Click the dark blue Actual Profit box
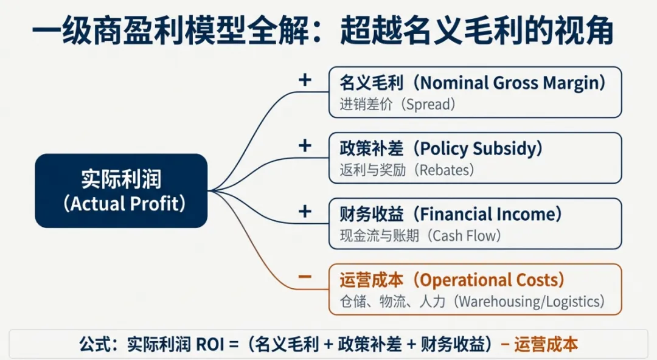click(121, 191)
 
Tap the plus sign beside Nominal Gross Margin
click(305, 80)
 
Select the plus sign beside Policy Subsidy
click(305, 146)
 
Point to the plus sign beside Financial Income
click(305, 212)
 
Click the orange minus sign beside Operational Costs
click(305, 277)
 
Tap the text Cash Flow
click(467, 235)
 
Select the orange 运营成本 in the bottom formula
click(546, 345)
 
